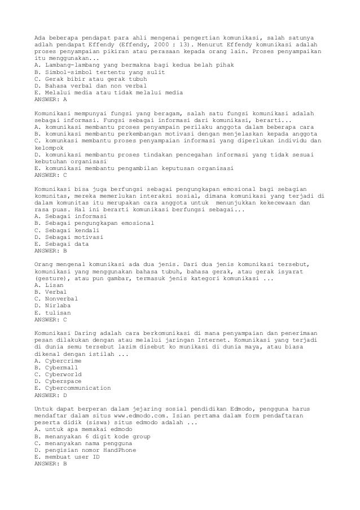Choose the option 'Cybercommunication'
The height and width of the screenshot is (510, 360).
[72, 388]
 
